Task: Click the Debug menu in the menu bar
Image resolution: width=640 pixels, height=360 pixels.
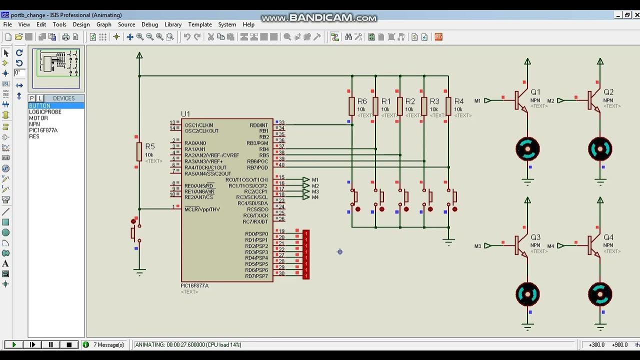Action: click(x=149, y=24)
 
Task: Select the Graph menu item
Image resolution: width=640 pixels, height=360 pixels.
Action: click(x=104, y=24)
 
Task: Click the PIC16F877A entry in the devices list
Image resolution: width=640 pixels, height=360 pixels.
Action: click(x=43, y=130)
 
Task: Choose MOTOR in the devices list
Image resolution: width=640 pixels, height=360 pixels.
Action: click(x=38, y=118)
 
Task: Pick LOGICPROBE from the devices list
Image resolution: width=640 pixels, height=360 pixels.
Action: click(x=45, y=112)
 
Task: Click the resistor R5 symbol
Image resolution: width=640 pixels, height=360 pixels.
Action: click(x=139, y=151)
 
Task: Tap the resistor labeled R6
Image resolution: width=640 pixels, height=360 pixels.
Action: click(x=351, y=106)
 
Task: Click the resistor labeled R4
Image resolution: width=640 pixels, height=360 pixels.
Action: click(x=448, y=106)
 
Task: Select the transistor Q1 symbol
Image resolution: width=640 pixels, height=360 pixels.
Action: click(x=521, y=100)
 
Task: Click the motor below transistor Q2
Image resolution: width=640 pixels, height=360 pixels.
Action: click(x=600, y=149)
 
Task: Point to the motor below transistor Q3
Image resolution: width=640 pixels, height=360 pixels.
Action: click(x=527, y=294)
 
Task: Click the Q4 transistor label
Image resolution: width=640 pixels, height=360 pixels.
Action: click(x=608, y=237)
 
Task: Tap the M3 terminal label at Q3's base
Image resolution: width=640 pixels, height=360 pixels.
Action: click(x=478, y=246)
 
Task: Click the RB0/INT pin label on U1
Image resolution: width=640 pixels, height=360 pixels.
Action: click(x=258, y=125)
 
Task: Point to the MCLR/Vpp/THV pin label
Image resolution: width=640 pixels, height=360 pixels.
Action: click(x=202, y=209)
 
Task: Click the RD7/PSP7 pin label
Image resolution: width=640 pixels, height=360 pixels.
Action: click(x=256, y=276)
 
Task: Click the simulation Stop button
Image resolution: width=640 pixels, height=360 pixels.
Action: click(x=69, y=344)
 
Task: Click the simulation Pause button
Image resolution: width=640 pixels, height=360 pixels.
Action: click(x=50, y=344)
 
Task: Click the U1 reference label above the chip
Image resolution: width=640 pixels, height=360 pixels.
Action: click(x=185, y=114)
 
